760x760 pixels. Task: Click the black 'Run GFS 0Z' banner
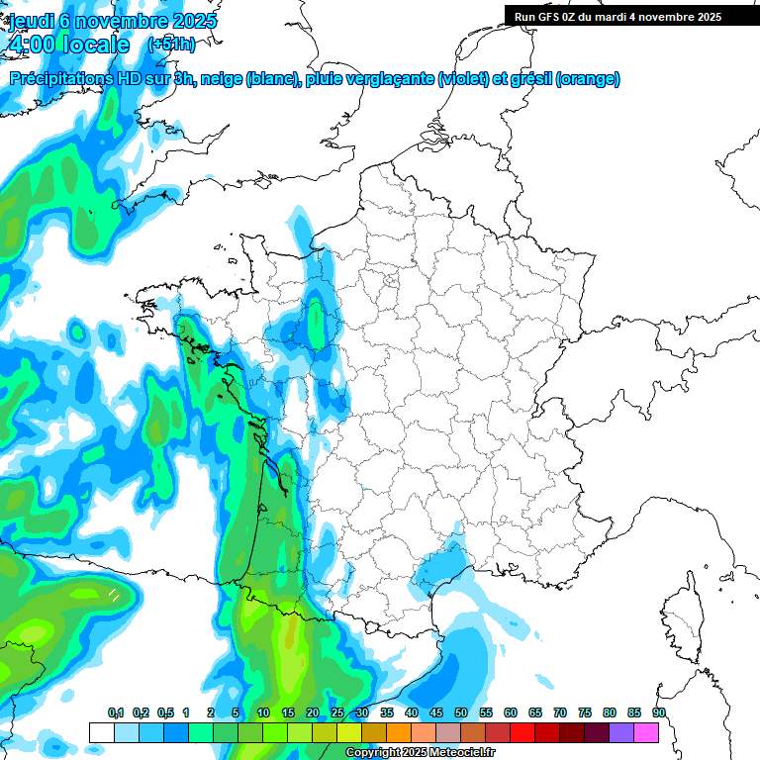(631, 16)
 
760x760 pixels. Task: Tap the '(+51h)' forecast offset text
(171, 44)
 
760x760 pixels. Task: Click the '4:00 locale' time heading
(68, 45)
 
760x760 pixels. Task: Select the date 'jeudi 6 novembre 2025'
(113, 21)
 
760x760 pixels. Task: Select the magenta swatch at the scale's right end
(646, 732)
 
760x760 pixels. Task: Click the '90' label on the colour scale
(659, 712)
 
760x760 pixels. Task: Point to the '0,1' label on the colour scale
(115, 712)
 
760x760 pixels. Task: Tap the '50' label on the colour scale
(461, 712)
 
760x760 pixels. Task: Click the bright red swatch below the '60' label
(522, 732)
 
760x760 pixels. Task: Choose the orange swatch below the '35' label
(399, 732)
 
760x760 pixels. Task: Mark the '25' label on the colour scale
(337, 712)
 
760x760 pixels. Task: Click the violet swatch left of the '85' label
(621, 732)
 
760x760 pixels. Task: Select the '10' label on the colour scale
(263, 712)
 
